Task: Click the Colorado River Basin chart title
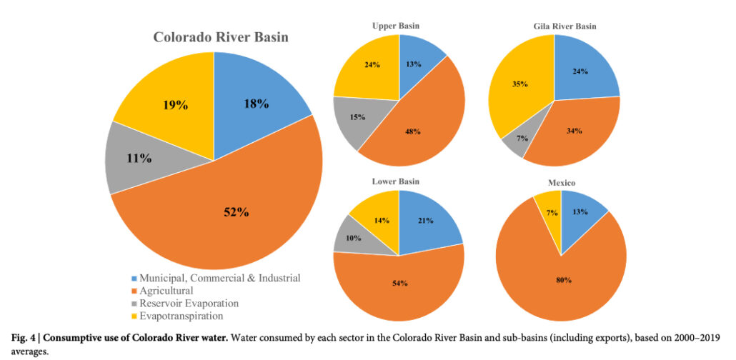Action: point(220,38)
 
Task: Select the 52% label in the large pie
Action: point(236,212)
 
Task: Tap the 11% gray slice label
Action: point(139,159)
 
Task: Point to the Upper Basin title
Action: point(396,26)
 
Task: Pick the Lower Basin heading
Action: point(395,181)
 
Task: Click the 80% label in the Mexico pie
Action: point(565,280)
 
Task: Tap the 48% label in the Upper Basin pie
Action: point(412,132)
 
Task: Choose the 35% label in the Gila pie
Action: point(520,84)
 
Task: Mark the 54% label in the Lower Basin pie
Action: point(400,283)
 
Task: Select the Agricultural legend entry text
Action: point(166,291)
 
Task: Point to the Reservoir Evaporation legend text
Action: point(189,303)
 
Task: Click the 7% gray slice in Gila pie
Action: point(519,141)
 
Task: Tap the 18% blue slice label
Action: point(257,104)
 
